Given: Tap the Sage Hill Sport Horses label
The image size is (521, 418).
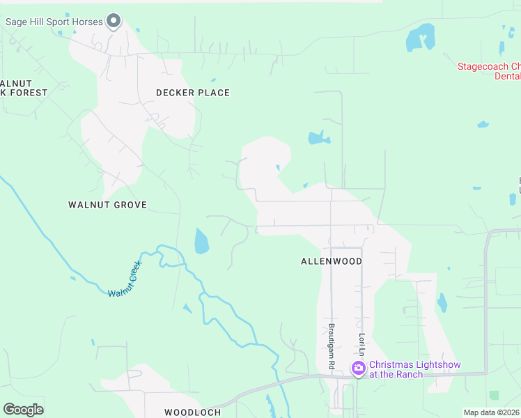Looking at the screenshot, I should [54, 22].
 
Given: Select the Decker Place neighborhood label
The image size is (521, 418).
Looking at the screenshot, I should [192, 93].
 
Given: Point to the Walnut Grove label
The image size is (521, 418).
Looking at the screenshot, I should [107, 205].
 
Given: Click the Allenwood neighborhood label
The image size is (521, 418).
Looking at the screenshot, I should [332, 261].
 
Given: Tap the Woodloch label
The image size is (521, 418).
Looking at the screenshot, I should [192, 412].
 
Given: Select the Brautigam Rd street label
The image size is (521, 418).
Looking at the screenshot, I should [332, 346].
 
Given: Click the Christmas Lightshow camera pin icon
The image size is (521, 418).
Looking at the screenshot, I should [359, 368].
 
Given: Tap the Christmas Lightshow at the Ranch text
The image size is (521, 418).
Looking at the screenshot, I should [414, 369].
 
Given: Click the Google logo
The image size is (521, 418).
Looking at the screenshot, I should [23, 410].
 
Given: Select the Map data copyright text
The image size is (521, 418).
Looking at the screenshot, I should [492, 412].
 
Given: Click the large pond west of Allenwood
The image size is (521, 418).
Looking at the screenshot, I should [201, 241].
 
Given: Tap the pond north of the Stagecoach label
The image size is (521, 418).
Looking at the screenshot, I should [420, 38].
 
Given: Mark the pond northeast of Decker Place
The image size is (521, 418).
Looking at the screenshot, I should [318, 137].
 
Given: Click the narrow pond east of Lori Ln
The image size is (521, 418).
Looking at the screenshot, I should [442, 302].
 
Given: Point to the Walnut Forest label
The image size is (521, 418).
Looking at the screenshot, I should [24, 87].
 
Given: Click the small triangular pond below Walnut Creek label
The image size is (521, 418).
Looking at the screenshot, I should [187, 308].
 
